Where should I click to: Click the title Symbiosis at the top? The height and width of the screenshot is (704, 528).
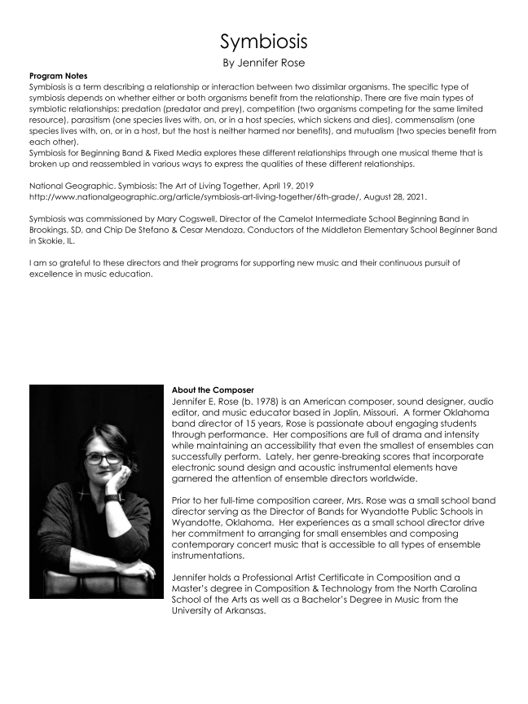(x=263, y=42)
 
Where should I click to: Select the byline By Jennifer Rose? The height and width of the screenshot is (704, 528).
(x=263, y=63)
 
